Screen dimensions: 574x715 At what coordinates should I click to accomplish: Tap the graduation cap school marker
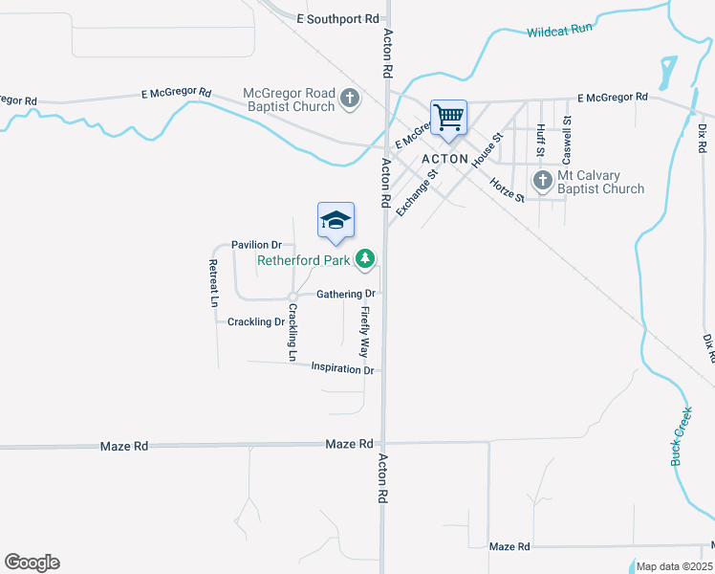tap(336, 221)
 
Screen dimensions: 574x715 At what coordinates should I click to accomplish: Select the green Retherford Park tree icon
tap(365, 258)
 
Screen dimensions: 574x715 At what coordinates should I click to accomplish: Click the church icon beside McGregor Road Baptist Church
tap(350, 98)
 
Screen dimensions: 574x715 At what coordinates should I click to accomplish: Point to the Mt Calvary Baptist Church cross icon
tap(542, 180)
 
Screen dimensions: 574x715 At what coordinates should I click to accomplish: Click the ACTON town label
tap(444, 159)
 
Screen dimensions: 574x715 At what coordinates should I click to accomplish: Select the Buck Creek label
tap(681, 435)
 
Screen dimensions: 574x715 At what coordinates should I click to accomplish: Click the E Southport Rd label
tap(337, 18)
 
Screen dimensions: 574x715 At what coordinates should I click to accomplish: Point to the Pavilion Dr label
tap(256, 245)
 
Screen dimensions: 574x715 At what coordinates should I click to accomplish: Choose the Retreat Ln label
tap(213, 282)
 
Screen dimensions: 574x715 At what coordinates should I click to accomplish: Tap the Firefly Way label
tap(364, 332)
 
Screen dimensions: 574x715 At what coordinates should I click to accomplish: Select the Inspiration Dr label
tap(342, 368)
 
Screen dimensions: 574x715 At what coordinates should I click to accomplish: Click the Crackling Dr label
tap(255, 321)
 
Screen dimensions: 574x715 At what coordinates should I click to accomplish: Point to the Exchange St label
tap(416, 192)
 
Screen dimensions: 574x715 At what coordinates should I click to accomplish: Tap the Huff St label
tap(540, 140)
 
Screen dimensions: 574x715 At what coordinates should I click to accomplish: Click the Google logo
tap(32, 563)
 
